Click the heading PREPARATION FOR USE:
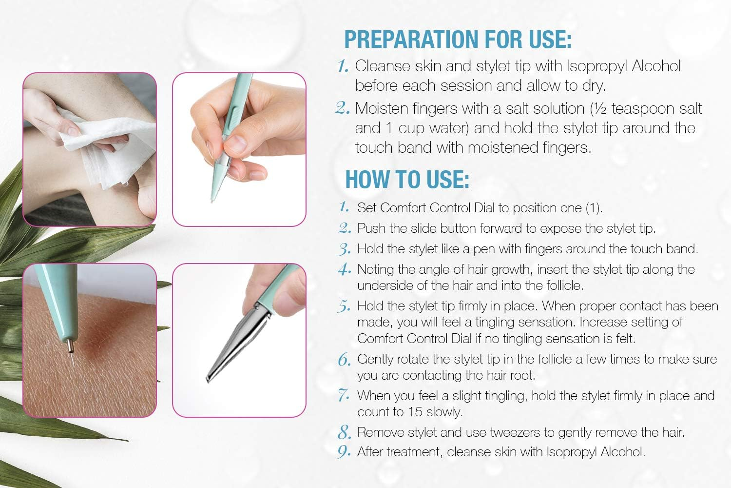pyautogui.click(x=458, y=40)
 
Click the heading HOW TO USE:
pyautogui.click(x=407, y=180)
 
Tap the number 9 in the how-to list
pyautogui.click(x=344, y=451)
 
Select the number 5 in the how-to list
pyautogui.click(x=344, y=306)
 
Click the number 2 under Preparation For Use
pyautogui.click(x=343, y=108)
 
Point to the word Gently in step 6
pyautogui.click(x=377, y=359)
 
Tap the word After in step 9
pyautogui.click(x=370, y=452)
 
